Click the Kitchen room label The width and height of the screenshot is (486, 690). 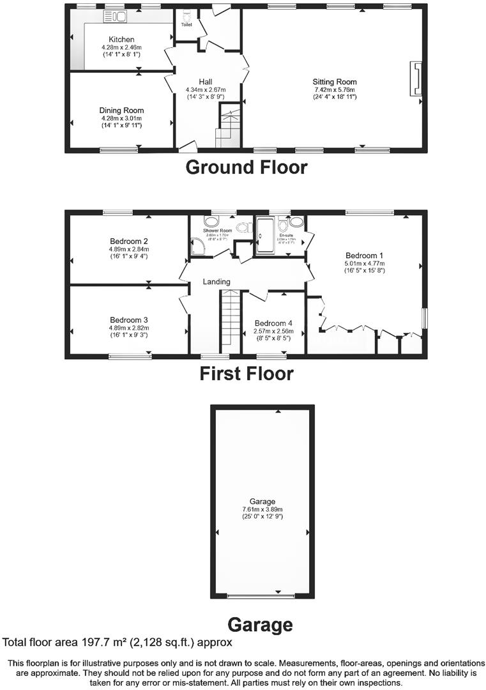[x=121, y=40]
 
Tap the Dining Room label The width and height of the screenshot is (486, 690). [x=121, y=111]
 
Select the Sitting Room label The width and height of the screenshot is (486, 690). [x=334, y=82]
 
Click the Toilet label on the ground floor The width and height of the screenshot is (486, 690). [x=186, y=25]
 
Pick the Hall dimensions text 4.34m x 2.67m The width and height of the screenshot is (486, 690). [x=205, y=89]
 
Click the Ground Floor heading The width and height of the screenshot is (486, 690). [x=246, y=167]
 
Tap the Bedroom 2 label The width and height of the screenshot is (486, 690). [x=129, y=241]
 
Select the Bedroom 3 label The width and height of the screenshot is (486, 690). [x=129, y=320]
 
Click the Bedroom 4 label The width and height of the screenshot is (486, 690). [x=273, y=323]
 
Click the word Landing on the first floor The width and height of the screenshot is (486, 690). [x=216, y=282]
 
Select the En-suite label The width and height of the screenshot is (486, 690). [x=285, y=235]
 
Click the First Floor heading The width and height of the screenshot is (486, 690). [x=246, y=373]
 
